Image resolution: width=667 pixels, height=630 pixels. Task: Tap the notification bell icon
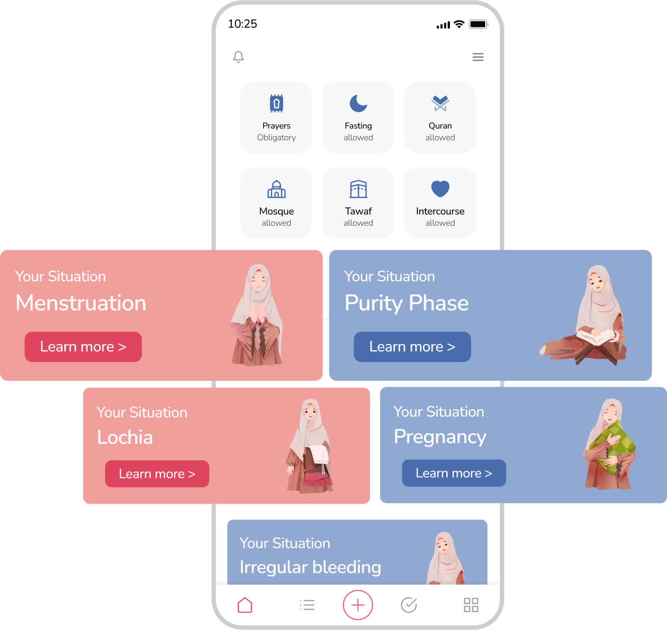[x=238, y=57]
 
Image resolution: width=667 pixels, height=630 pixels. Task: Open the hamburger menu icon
[x=478, y=57]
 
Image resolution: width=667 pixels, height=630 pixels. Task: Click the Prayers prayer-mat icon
[x=276, y=103]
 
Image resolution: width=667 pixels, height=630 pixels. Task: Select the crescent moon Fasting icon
[x=358, y=103]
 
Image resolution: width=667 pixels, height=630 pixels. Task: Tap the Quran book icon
[x=440, y=103]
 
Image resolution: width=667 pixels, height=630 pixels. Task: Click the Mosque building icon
[x=276, y=189]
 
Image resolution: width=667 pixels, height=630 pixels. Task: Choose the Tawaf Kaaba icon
[x=358, y=189]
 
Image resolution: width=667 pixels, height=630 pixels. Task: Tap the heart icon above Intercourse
[x=440, y=189]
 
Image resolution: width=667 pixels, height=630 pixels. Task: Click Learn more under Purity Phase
[x=412, y=347]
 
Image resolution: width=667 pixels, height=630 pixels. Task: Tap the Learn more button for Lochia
[x=157, y=474]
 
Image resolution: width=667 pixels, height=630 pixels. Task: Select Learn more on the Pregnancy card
[x=454, y=473]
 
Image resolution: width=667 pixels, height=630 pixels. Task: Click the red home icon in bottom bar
[x=245, y=605]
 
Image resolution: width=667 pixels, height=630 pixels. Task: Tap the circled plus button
[x=358, y=605]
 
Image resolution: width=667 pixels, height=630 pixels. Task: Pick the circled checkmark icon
[x=409, y=605]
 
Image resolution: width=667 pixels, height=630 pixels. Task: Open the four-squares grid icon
[x=471, y=605]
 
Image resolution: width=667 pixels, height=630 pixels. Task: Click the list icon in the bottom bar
[x=307, y=605]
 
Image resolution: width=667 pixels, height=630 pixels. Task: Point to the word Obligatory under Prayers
[x=276, y=138]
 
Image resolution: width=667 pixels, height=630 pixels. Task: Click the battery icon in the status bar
[x=478, y=24]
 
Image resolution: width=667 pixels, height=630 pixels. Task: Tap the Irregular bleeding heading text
[x=310, y=567]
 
